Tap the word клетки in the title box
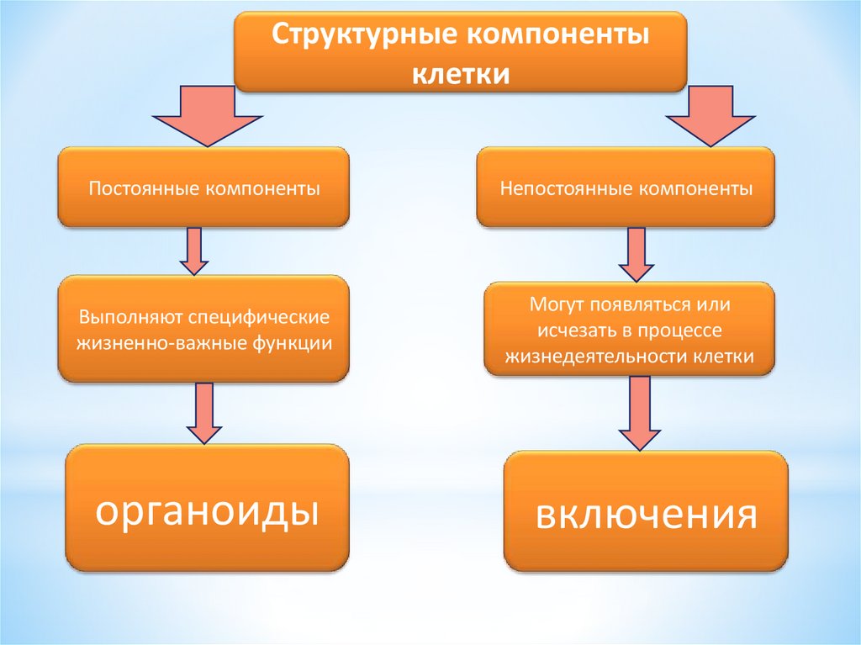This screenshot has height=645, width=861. [x=460, y=73]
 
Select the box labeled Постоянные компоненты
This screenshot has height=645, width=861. [x=203, y=187]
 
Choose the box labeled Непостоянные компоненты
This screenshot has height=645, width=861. [x=626, y=187]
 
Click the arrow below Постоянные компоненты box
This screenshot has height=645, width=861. [x=193, y=251]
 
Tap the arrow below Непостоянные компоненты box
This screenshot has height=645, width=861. [x=637, y=255]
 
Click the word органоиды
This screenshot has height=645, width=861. [x=207, y=510]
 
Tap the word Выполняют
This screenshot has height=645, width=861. [x=131, y=320]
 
